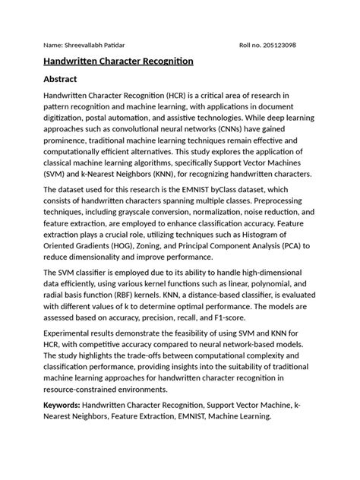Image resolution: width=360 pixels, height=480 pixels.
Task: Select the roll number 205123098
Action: tap(276, 45)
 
